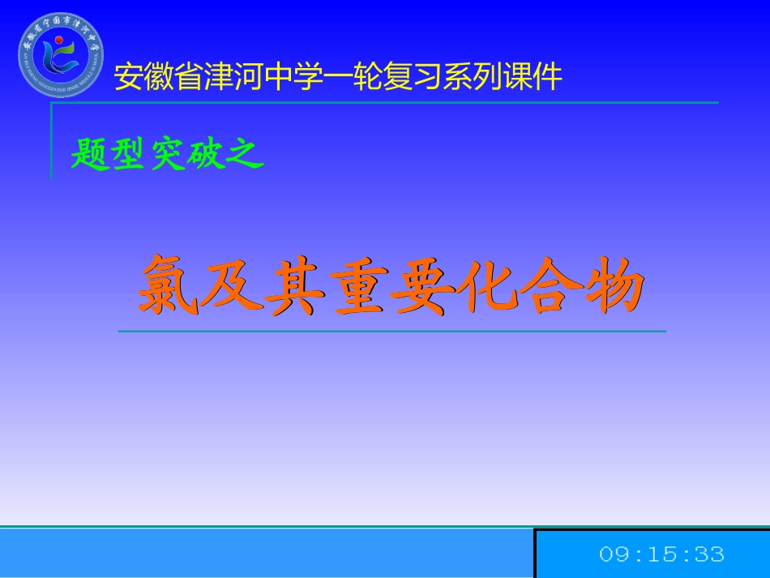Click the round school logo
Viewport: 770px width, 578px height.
click(x=61, y=55)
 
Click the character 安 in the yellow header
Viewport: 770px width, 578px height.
click(x=127, y=77)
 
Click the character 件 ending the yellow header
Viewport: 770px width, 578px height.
click(x=549, y=77)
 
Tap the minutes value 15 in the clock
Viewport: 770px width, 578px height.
click(x=661, y=554)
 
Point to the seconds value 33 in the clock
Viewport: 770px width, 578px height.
click(x=709, y=554)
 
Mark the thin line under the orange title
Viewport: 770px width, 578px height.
click(x=392, y=332)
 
